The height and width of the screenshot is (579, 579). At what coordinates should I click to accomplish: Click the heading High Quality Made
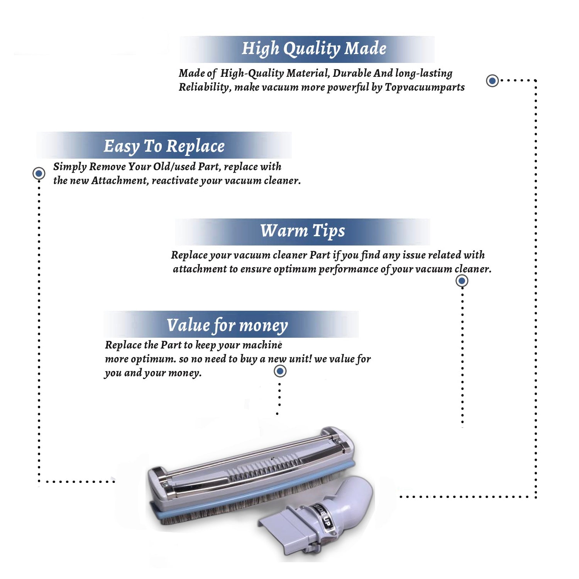(314, 49)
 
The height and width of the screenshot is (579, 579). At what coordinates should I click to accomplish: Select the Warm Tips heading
(303, 231)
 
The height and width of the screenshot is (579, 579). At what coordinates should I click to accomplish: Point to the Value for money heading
(227, 325)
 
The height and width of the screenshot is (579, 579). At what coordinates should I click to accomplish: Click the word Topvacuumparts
(425, 88)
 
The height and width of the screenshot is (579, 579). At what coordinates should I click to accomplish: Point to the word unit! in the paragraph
(300, 359)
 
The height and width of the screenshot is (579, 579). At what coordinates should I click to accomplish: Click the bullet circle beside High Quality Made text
(492, 81)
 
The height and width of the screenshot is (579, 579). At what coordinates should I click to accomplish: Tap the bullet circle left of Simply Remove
(39, 173)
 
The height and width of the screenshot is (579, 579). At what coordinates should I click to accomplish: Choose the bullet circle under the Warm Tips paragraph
(462, 281)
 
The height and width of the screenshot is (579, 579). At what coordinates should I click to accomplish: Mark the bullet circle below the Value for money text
(280, 371)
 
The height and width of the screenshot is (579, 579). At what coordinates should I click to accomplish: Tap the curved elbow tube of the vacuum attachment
(354, 498)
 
